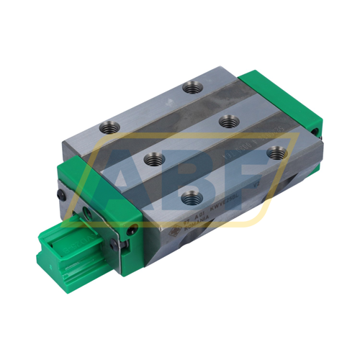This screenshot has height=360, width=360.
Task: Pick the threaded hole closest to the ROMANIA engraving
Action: pyautogui.click(x=189, y=196)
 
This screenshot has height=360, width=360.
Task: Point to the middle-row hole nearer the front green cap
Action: pyautogui.click(x=152, y=160)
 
